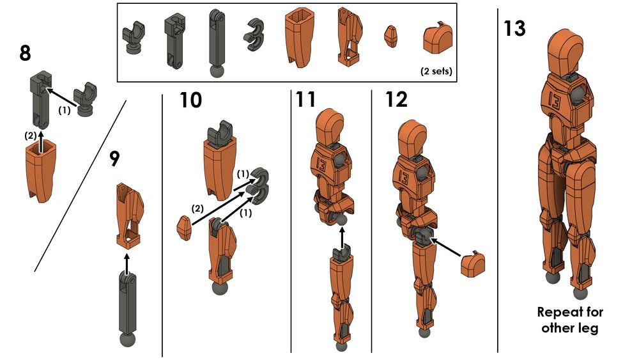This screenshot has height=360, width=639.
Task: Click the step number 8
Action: point(25,52)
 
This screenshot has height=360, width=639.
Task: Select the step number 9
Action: point(114,158)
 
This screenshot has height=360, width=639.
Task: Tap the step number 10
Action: point(190,100)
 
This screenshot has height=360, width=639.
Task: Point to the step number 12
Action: point(396,100)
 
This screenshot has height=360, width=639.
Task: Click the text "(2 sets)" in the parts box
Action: point(436,71)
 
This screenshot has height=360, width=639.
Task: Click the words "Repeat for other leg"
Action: point(570,320)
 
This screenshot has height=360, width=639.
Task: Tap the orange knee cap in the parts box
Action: point(436,40)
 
